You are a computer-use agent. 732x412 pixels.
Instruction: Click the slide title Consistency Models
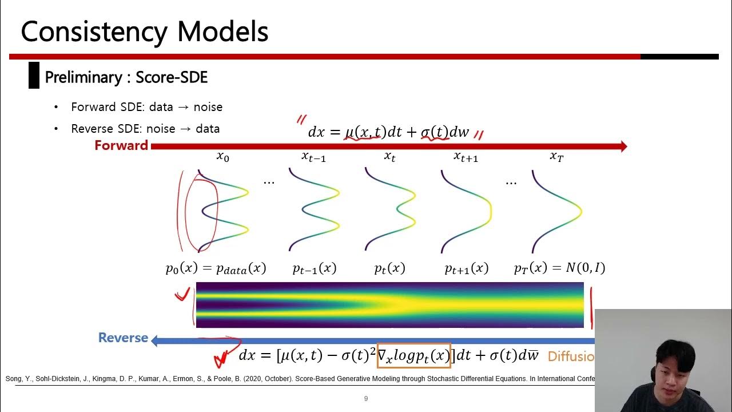(145, 31)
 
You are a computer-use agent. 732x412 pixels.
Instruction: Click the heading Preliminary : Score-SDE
(126, 77)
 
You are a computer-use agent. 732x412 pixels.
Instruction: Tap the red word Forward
(121, 145)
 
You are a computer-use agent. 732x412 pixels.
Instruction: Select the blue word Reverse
(123, 338)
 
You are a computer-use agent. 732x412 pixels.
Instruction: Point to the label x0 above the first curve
(222, 156)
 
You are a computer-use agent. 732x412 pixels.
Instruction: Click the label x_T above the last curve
(556, 156)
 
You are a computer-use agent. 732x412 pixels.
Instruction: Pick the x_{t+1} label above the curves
(466, 156)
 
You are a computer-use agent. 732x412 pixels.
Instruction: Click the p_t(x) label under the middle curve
(389, 268)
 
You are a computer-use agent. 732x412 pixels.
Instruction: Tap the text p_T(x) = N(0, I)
(559, 267)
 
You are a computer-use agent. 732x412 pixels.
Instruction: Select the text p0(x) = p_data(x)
(216, 268)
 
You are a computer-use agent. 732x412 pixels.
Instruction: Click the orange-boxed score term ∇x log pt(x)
(414, 355)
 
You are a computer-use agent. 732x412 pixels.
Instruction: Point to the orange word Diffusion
(571, 356)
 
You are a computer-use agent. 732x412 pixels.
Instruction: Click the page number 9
(366, 399)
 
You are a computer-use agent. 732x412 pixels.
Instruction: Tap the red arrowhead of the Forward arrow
(623, 146)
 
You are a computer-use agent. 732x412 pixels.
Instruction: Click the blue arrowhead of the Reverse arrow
(155, 341)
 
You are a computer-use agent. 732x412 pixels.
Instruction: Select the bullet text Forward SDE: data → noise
(146, 107)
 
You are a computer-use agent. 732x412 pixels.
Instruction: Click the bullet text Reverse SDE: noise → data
(145, 129)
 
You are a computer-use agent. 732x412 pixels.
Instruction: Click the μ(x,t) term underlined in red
(363, 132)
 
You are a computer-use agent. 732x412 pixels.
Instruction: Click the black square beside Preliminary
(34, 76)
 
